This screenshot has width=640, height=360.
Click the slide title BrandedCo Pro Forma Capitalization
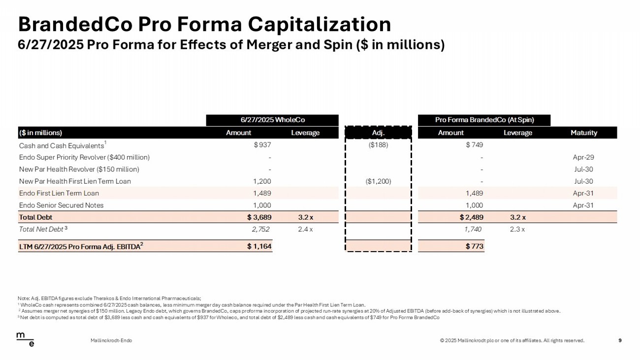(x=204, y=24)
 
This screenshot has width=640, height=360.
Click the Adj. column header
(x=378, y=133)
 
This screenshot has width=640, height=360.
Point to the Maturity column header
(x=583, y=133)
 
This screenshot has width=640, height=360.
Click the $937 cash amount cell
(x=262, y=145)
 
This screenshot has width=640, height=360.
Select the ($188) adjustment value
(x=378, y=145)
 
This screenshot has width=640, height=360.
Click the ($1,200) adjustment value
(x=378, y=181)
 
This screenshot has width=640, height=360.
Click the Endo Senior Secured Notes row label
(x=61, y=205)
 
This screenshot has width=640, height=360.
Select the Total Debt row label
(x=35, y=217)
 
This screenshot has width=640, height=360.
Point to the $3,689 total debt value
(x=259, y=217)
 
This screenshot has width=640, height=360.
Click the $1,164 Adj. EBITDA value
(x=259, y=246)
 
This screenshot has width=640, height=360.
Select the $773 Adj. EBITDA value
(x=475, y=246)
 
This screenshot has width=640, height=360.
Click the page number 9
(x=619, y=340)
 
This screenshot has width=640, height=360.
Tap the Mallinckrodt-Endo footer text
(x=111, y=340)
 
